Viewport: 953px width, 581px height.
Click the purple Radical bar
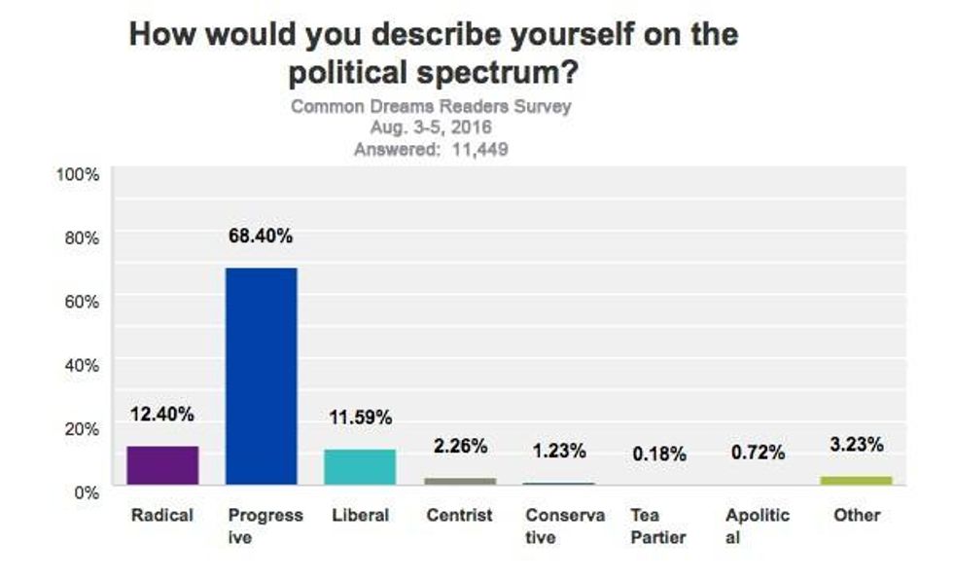[x=162, y=465]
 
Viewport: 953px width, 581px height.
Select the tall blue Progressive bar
[x=261, y=376]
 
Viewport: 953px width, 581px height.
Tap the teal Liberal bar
[x=360, y=467]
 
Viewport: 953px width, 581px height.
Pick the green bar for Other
[x=856, y=480]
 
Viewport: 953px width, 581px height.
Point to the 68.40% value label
[x=261, y=236]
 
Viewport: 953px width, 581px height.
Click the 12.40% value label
[x=162, y=414]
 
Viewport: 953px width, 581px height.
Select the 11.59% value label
[x=360, y=418]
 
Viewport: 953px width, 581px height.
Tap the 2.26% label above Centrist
[x=459, y=447]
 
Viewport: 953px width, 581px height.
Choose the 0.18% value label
[x=658, y=454]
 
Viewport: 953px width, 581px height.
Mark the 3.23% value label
[x=856, y=445]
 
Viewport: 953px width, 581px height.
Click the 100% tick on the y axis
[x=78, y=174]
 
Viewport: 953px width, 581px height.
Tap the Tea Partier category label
[x=658, y=526]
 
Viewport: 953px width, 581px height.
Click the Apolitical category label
[x=758, y=526]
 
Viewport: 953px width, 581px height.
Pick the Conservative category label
[x=564, y=526]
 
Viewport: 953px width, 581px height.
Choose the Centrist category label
[x=459, y=515]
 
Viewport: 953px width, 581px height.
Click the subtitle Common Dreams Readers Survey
[x=431, y=106]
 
